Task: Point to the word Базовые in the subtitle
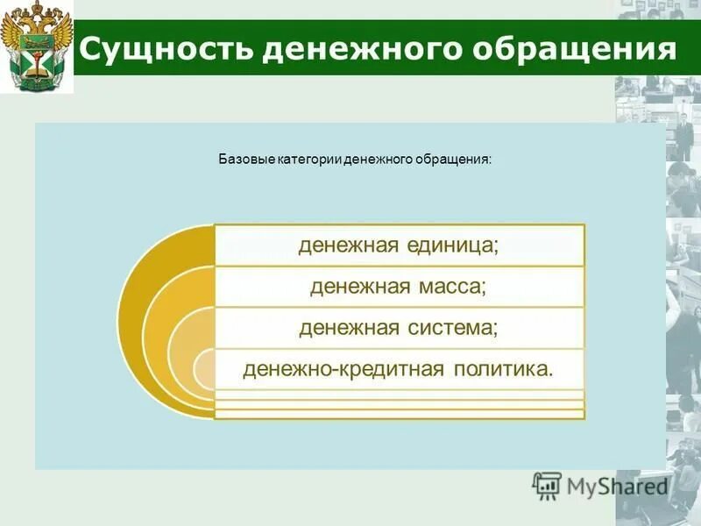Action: click(x=246, y=160)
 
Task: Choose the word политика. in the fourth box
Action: click(x=504, y=368)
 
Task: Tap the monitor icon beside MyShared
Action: click(x=547, y=485)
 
